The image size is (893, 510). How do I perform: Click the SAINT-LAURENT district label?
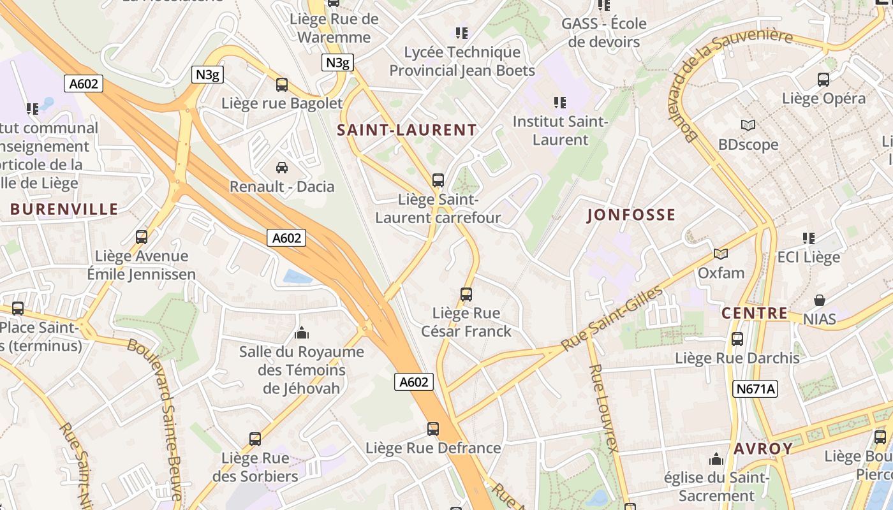coord(406,130)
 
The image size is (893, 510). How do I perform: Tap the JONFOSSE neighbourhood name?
coord(630,215)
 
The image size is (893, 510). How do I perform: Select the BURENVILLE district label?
coord(64,209)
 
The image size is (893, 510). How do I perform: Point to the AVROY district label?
coord(763,448)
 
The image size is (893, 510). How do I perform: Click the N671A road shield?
coord(756,389)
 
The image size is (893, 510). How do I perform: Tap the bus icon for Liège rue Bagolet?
coord(281,85)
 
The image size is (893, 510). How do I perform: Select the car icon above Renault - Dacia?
coord(281,168)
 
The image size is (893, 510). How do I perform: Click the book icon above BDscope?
coord(748,126)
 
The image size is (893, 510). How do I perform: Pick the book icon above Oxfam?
coord(721,254)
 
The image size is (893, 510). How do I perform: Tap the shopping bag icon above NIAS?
coord(820,300)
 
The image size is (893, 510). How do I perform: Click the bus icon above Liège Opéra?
coord(823,80)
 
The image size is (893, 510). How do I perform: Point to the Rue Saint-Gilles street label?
coord(612,319)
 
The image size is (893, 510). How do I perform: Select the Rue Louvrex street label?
coord(603,408)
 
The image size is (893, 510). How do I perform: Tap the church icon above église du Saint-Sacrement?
coord(716,459)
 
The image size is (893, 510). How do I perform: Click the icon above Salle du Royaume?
coord(301,333)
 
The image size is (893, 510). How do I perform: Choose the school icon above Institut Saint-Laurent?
coord(559,102)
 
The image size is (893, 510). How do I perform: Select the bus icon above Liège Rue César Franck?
coord(466,295)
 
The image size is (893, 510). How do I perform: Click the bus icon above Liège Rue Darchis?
coord(737,339)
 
